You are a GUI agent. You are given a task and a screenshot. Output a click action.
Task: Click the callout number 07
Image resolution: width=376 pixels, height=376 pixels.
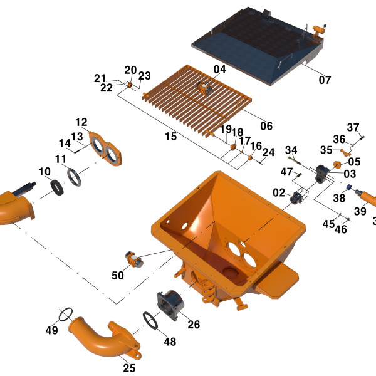coord(325,80)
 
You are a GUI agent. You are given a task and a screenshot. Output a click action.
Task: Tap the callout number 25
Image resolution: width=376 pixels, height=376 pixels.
coord(129,368)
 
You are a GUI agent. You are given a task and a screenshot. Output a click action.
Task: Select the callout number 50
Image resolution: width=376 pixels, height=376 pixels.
coord(118,275)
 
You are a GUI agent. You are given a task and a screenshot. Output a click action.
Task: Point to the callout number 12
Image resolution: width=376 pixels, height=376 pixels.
coord(81,122)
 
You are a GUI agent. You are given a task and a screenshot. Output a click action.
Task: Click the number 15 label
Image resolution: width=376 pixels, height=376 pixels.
coord(171,137)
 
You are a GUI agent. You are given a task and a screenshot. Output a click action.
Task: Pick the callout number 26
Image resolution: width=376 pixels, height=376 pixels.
coord(194,325)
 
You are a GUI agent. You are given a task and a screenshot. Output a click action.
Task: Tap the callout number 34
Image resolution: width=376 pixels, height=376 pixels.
coord(291,150)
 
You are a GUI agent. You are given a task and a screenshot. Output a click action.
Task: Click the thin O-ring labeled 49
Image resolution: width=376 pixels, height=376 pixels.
coord(65,315)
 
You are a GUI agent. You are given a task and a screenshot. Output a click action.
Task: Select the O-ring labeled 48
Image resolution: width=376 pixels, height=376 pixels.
coord(150,320)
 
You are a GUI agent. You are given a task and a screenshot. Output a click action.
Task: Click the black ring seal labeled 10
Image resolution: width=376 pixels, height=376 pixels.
coord(57,188)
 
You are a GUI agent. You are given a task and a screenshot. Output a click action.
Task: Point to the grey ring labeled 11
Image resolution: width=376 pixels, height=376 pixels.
coord(75,177)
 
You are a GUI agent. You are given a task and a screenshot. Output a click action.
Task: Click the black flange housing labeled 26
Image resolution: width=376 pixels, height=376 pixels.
coord(170,305)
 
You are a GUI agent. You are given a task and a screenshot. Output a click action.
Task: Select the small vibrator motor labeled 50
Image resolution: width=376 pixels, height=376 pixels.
coord(134,259)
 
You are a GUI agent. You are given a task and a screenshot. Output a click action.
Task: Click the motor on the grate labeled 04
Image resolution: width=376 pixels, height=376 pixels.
coord(204,88)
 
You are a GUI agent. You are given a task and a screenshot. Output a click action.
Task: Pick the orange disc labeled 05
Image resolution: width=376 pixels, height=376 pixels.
coord(337,165)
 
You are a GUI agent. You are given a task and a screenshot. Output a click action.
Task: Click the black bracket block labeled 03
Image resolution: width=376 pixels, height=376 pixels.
coord(323,174)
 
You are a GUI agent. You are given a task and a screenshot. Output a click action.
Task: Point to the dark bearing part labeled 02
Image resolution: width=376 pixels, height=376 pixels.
coord(296,197)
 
